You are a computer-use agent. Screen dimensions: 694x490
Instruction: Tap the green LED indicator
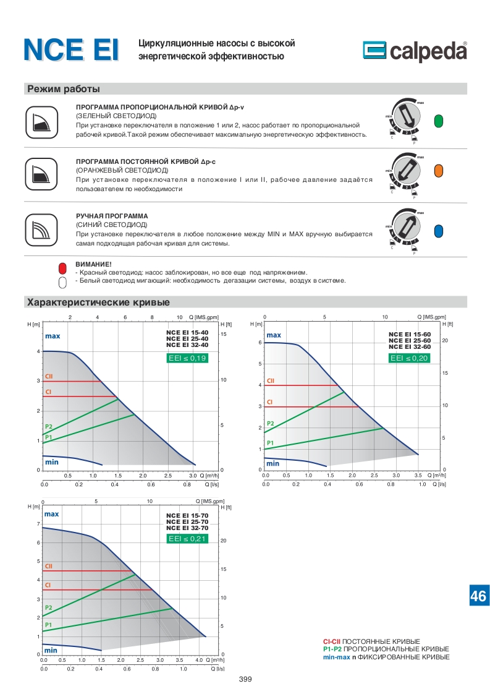(x=439, y=121)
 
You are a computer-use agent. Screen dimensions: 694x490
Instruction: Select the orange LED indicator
(x=439, y=170)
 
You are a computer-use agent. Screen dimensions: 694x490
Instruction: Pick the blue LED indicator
(x=439, y=231)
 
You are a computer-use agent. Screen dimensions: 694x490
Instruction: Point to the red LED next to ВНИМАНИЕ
(x=62, y=268)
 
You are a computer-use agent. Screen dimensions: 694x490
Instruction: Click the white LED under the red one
(x=62, y=283)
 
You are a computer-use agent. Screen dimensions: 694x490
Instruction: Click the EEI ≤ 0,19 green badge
(x=187, y=358)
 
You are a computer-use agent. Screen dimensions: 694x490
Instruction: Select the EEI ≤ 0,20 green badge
(x=410, y=358)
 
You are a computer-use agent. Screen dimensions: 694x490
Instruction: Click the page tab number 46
(x=478, y=596)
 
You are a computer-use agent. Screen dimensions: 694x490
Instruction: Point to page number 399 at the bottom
(x=245, y=679)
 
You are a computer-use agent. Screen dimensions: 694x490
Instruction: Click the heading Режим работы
(x=64, y=89)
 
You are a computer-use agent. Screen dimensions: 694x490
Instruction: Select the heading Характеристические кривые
(x=98, y=302)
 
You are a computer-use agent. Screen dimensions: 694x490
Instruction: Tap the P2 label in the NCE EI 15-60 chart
(x=270, y=424)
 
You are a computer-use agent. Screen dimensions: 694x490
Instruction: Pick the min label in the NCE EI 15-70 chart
(x=51, y=650)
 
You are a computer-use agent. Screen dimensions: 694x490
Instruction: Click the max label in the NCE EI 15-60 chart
(x=274, y=335)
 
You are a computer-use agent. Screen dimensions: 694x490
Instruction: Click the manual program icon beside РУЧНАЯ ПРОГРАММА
(x=41, y=230)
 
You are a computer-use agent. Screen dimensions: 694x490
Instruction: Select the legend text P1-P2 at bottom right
(x=332, y=649)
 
